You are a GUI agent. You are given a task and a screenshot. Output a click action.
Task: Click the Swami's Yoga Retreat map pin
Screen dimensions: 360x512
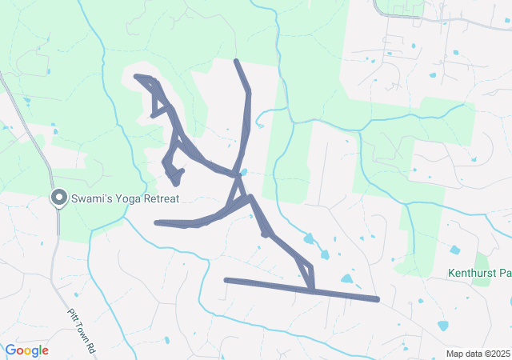pos(58,197)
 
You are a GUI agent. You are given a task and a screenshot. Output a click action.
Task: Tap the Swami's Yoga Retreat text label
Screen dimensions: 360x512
pos(124,198)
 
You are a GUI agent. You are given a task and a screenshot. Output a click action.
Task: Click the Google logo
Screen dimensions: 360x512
pos(26,350)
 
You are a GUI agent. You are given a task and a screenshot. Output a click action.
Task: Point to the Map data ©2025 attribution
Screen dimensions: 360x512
pos(478,354)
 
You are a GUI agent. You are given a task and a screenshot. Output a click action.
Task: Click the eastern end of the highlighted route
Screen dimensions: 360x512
pos(377,300)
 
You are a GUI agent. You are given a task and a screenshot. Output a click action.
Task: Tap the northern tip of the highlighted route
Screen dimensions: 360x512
pos(235,61)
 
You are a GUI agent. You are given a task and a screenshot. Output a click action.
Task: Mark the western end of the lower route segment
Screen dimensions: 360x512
pos(226,280)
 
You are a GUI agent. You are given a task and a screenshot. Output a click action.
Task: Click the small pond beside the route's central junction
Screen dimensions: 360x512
pos(243,171)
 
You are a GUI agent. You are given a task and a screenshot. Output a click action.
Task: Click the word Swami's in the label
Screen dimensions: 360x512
pos(92,198)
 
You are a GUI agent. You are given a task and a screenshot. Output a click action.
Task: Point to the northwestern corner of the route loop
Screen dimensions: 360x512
pos(137,76)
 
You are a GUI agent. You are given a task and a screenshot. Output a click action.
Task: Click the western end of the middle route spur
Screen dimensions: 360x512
pos(156,223)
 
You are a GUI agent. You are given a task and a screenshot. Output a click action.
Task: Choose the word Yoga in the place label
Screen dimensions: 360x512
pos(128,198)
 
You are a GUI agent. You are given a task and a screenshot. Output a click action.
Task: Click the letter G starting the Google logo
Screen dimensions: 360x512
pos(10,350)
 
